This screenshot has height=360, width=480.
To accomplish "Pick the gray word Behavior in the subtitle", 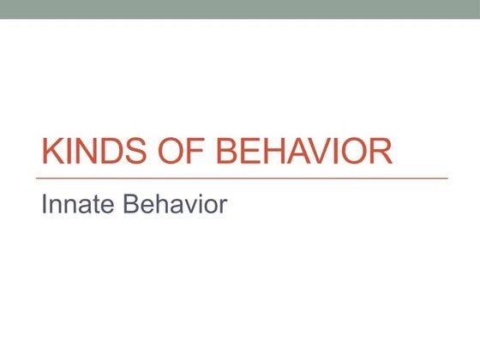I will click(x=175, y=205).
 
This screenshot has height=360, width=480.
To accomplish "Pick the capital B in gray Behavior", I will click(x=131, y=205).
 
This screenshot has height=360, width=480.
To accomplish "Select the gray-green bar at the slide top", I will click(x=240, y=9).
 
